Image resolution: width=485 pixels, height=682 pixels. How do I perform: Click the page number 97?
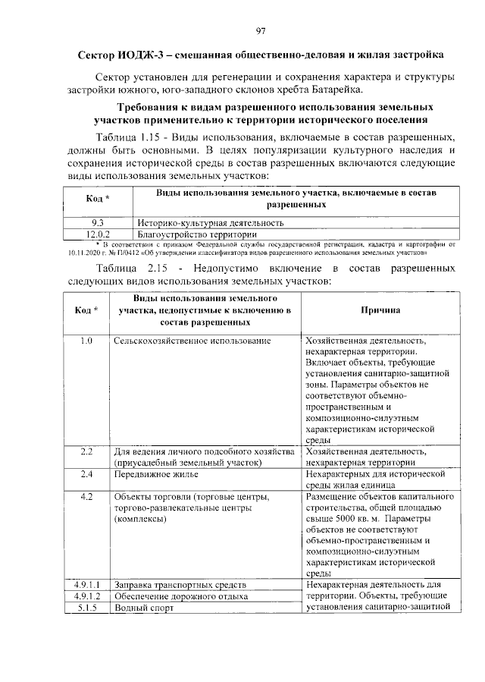coord(261,30)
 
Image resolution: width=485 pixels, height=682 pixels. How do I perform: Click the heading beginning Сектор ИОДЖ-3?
coord(261,55)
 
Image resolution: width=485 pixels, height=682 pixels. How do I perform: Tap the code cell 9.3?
coord(97,223)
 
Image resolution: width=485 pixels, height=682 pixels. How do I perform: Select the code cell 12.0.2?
coord(97,234)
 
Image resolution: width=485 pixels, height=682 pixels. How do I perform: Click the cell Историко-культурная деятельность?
coord(211,223)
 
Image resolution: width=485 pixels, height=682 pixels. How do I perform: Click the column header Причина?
coord(380,310)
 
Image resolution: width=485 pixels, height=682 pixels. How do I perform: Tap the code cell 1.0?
coord(86,341)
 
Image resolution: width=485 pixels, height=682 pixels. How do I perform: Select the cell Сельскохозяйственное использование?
coord(192,341)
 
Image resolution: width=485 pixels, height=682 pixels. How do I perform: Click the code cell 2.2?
coord(86,452)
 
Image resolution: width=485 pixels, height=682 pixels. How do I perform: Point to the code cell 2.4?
coord(86,474)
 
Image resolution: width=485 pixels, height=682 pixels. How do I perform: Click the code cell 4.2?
coord(86,497)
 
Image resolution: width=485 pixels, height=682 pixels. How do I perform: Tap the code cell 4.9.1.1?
coord(87,585)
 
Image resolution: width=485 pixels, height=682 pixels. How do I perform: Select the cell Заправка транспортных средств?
coord(180,585)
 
